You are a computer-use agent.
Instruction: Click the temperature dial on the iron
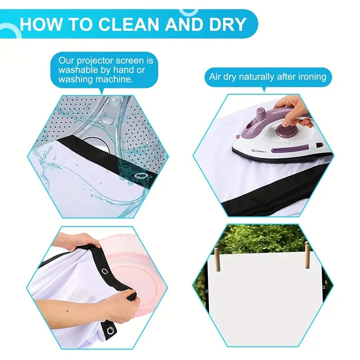pyautogui.click(x=288, y=130)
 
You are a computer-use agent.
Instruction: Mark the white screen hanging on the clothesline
pyautogui.click(x=261, y=283)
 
